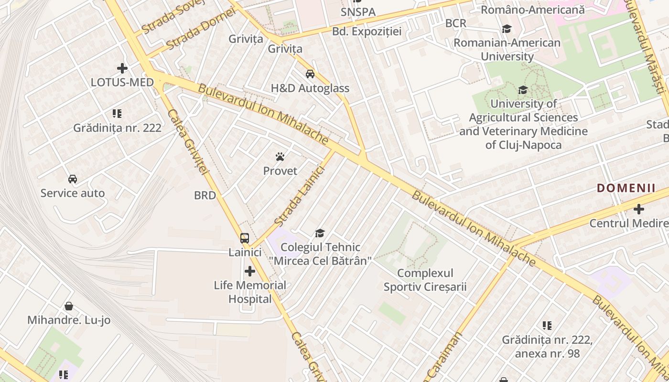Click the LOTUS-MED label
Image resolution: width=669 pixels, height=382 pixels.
click(122, 82)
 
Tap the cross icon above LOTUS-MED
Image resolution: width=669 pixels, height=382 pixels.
click(122, 68)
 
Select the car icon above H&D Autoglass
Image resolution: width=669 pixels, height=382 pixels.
click(310, 74)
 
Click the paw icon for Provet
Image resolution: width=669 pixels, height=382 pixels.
click(280, 157)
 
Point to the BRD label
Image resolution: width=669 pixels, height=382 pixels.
click(205, 195)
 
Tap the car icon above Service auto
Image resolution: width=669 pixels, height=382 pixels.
click(73, 179)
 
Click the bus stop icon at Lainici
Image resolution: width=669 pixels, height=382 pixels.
click(245, 238)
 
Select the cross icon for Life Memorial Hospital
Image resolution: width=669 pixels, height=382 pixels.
click(250, 272)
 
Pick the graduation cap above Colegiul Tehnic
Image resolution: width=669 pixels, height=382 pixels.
click(320, 233)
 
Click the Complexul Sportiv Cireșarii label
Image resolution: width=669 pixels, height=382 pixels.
click(425, 280)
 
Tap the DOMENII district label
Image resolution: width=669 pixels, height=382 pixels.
click(626, 188)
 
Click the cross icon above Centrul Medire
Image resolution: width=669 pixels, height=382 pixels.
click(639, 209)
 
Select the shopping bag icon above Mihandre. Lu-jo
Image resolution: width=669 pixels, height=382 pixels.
click(69, 306)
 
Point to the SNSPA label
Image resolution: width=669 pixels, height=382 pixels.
click(358, 12)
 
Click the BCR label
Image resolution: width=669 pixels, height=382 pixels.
click(455, 23)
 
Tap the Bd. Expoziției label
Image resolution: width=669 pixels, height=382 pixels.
click(367, 32)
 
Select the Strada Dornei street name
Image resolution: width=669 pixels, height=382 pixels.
click(201, 29)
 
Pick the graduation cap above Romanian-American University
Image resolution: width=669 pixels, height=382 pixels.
click(507, 29)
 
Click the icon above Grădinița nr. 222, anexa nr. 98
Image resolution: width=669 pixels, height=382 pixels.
click(547, 326)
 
